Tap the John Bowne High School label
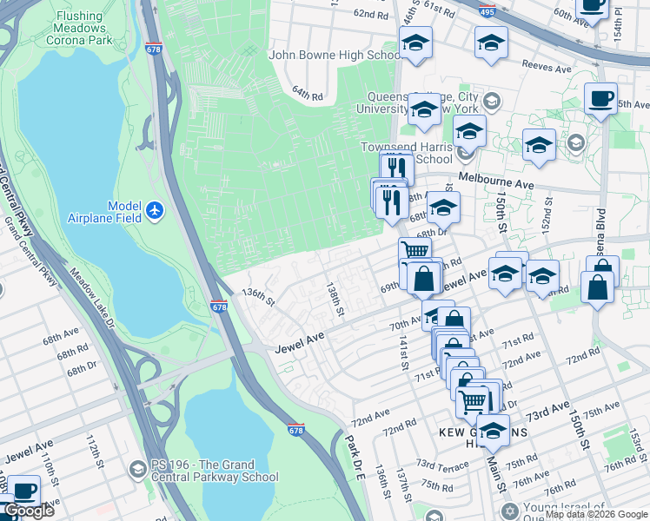(x=335, y=55)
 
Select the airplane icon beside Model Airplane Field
(x=155, y=210)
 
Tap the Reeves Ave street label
(x=545, y=63)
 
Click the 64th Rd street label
(x=307, y=92)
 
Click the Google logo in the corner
(x=29, y=511)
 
